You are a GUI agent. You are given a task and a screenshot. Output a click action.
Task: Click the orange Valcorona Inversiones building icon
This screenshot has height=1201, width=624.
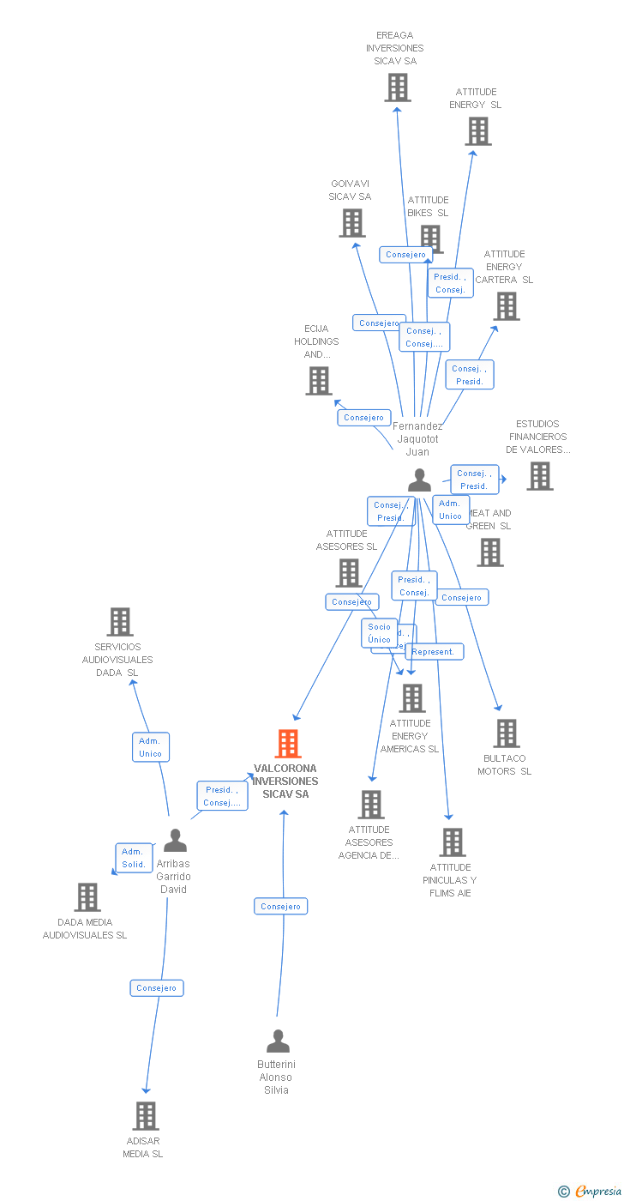pyautogui.click(x=288, y=744)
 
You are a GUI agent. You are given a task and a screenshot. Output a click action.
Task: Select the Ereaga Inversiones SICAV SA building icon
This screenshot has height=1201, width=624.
pyautogui.click(x=397, y=88)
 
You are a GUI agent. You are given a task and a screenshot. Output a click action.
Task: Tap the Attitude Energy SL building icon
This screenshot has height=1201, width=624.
pyautogui.click(x=477, y=131)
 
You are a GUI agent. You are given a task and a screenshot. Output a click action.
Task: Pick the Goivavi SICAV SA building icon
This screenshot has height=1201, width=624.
pyautogui.click(x=351, y=223)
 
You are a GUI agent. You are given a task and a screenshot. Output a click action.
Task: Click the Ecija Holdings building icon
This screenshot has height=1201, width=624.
pyautogui.click(x=318, y=381)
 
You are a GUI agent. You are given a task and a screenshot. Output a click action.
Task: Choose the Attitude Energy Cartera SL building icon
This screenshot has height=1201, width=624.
pyautogui.click(x=506, y=306)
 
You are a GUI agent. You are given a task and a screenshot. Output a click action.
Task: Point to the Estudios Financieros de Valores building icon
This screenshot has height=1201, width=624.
pyautogui.click(x=539, y=476)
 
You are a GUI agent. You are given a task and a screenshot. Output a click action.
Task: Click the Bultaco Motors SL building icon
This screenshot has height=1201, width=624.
pyautogui.click(x=506, y=733)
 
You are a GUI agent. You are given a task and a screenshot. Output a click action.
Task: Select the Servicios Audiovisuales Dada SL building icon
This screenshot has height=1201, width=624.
pyautogui.click(x=119, y=622)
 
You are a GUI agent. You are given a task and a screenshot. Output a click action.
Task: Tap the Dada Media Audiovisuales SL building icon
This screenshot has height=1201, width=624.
pyautogui.click(x=87, y=897)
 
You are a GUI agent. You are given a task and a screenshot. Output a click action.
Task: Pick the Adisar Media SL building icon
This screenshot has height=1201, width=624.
pyautogui.click(x=146, y=1116)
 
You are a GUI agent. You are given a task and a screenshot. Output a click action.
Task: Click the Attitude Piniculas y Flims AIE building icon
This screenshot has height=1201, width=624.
pyautogui.click(x=453, y=842)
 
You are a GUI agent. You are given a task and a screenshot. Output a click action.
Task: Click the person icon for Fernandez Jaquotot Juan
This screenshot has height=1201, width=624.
pyautogui.click(x=419, y=480)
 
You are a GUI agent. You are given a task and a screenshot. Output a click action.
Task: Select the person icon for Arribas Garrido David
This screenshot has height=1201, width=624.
pyautogui.click(x=175, y=841)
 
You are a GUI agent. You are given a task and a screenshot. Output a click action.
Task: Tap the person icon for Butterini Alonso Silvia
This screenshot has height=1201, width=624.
pyautogui.click(x=278, y=1041)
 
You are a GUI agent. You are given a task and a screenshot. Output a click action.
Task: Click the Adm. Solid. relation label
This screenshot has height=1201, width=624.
pyautogui.click(x=134, y=858)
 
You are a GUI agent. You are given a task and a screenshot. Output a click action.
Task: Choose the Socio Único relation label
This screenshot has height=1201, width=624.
pyautogui.click(x=380, y=633)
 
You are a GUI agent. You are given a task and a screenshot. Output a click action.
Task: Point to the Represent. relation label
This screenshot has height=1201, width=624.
pyautogui.click(x=434, y=652)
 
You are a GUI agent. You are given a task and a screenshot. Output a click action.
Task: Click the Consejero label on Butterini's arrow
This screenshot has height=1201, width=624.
pyautogui.click(x=280, y=907)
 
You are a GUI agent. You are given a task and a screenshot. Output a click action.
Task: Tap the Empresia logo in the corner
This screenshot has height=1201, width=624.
pyautogui.click(x=591, y=1191)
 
